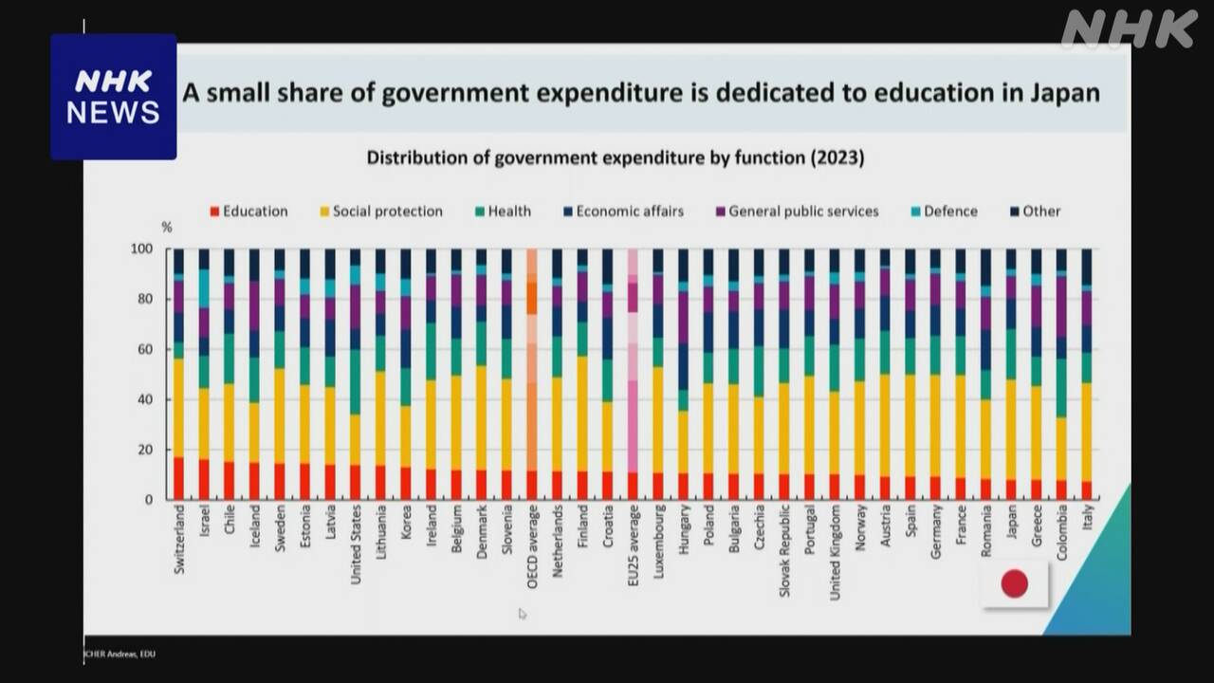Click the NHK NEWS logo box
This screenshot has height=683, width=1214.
point(114,97)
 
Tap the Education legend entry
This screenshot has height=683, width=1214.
point(248,212)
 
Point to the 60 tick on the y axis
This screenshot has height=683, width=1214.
point(141,349)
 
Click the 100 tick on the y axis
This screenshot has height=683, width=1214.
point(140,249)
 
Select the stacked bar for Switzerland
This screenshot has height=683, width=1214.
point(178,374)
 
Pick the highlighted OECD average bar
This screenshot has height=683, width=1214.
point(532,374)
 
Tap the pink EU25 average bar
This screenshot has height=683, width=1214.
point(633,374)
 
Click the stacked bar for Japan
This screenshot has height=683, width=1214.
point(1011,374)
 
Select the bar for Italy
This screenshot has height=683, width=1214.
point(1086,374)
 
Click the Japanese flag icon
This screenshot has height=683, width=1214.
point(1014,583)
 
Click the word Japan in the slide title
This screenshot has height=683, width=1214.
point(1060,93)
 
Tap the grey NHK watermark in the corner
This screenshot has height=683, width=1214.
point(1129,28)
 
